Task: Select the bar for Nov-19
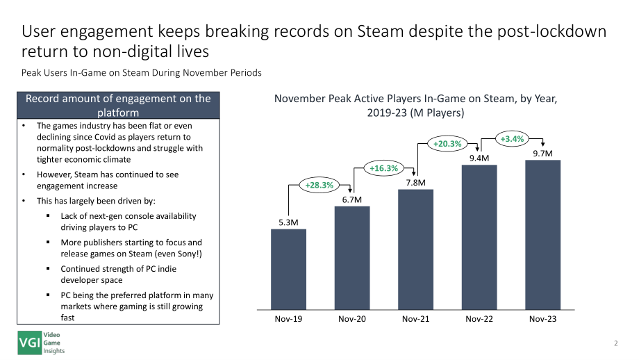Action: [288, 270]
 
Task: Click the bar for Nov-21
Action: [415, 249]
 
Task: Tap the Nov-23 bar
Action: [543, 235]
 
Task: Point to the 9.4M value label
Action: [479, 158]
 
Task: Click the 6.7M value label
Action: [352, 199]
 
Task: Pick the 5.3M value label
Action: [288, 222]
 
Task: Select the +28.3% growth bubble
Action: [319, 185]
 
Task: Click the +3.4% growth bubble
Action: [513, 139]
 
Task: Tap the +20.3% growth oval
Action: [447, 144]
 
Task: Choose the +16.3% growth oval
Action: [384, 168]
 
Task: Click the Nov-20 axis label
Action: [352, 319]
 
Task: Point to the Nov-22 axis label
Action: [479, 319]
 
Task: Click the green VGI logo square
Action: [30, 343]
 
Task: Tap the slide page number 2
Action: [616, 343]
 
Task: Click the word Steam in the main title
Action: [380, 31]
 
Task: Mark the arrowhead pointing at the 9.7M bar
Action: [543, 143]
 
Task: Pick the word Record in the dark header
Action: [40, 99]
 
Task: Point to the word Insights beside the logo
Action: [54, 351]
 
